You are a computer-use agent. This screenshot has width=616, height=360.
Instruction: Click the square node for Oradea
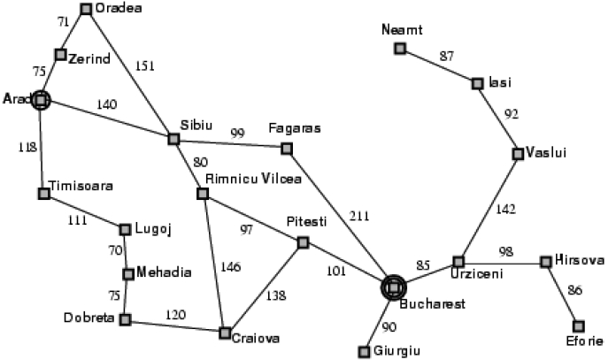click(x=86, y=9)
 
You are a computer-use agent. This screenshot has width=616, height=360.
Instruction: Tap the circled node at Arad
click(x=41, y=101)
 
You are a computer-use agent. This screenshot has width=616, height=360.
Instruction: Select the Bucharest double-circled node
click(x=393, y=287)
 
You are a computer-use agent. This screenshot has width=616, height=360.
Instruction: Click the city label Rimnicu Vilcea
click(x=253, y=179)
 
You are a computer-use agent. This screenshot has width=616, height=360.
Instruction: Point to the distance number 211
click(x=359, y=216)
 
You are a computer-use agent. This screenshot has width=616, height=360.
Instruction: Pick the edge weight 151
click(x=144, y=65)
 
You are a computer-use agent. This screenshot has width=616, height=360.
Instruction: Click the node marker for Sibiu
click(x=173, y=139)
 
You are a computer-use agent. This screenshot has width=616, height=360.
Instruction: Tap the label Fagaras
click(x=295, y=128)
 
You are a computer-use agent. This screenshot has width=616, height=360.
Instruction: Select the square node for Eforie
click(x=578, y=326)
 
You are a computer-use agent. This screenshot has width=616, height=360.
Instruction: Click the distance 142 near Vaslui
click(x=505, y=209)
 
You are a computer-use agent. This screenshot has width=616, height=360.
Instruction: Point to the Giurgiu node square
click(x=364, y=352)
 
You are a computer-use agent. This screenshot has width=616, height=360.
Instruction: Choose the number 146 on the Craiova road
click(x=230, y=266)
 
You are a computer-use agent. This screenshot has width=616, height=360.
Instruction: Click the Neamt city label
click(x=402, y=30)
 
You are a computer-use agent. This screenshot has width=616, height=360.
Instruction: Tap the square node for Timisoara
click(x=44, y=194)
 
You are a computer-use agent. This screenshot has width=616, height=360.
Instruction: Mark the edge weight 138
click(x=276, y=295)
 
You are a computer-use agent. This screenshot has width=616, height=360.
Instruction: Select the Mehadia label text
click(x=164, y=272)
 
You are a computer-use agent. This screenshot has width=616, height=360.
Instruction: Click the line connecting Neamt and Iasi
click(x=438, y=66)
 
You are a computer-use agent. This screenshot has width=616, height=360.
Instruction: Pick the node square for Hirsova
click(x=546, y=262)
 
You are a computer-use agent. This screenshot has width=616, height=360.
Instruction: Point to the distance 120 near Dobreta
click(x=175, y=315)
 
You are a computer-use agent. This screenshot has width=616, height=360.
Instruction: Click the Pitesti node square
click(x=303, y=242)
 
